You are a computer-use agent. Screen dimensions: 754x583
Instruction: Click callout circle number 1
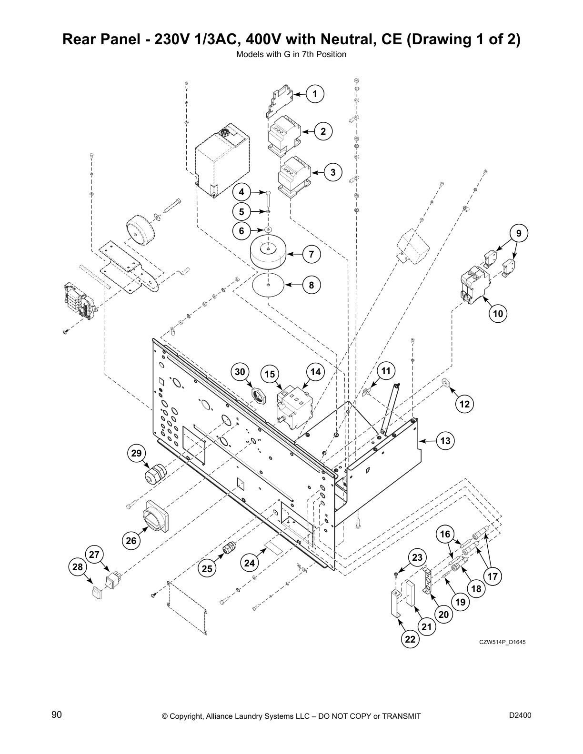[x=315, y=94]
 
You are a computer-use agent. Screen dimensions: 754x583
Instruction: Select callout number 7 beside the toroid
[x=311, y=254]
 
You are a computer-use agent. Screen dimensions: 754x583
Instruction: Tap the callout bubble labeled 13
[x=445, y=441]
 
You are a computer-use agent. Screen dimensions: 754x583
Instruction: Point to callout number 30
[x=241, y=372]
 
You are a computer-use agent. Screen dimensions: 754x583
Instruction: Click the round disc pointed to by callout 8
[x=268, y=285]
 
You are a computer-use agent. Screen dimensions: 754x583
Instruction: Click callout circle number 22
[x=410, y=639]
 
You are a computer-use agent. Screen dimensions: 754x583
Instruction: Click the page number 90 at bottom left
[x=57, y=715]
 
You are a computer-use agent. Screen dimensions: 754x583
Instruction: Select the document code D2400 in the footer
[x=520, y=715]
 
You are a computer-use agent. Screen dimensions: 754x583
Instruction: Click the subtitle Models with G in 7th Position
[x=291, y=54]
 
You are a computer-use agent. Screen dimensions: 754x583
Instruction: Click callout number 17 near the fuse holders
[x=493, y=576]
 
